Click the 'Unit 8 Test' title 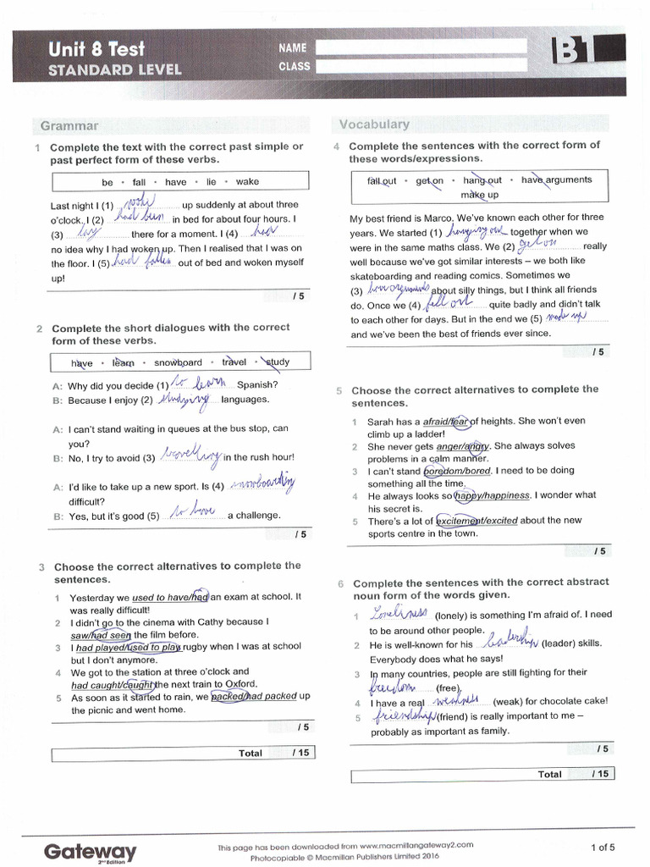95,49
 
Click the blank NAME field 419,47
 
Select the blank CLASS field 419,66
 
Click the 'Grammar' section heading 69,126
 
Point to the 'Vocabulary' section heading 374,124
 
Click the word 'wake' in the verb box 247,182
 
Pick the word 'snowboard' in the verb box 178,362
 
